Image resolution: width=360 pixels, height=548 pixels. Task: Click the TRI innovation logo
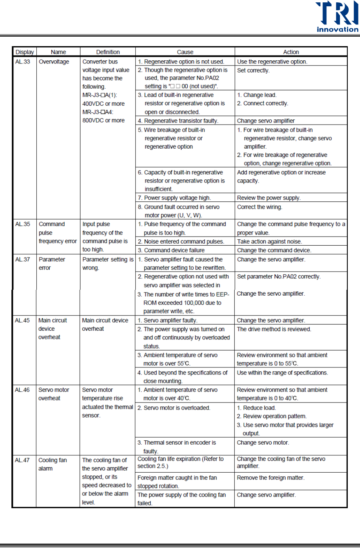pyautogui.click(x=337, y=17)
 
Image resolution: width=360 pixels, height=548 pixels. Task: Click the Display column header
pyautogui.click(x=24, y=52)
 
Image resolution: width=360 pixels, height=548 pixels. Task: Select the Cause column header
pyautogui.click(x=185, y=52)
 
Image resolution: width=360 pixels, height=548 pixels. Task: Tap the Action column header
pyautogui.click(x=291, y=52)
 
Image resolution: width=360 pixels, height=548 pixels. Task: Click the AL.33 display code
pyautogui.click(x=22, y=62)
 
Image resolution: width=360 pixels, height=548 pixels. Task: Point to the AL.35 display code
pyautogui.click(x=22, y=224)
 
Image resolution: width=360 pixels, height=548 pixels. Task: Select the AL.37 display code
pyautogui.click(x=22, y=259)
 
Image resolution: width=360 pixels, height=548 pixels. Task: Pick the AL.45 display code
pyautogui.click(x=22, y=321)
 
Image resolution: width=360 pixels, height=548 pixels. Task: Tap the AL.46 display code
pyautogui.click(x=22, y=390)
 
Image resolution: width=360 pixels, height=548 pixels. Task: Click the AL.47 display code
pyautogui.click(x=22, y=460)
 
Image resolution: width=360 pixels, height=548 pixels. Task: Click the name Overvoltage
pyautogui.click(x=54, y=62)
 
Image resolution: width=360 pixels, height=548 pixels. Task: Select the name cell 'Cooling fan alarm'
pyautogui.click(x=52, y=464)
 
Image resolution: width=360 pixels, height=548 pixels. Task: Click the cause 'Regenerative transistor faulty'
pyautogui.click(x=181, y=121)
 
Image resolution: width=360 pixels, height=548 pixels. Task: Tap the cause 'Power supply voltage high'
pyautogui.click(x=177, y=198)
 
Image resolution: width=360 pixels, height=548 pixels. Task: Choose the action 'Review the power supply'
pyautogui.click(x=269, y=198)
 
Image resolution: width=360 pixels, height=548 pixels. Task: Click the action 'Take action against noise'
pyautogui.click(x=269, y=242)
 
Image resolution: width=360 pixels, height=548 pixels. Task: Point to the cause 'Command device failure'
pyautogui.click(x=174, y=250)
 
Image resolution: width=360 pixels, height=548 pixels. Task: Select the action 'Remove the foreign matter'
pyautogui.click(x=270, y=478)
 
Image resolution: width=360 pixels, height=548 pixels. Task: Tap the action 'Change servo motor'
pyautogui.click(x=263, y=443)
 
